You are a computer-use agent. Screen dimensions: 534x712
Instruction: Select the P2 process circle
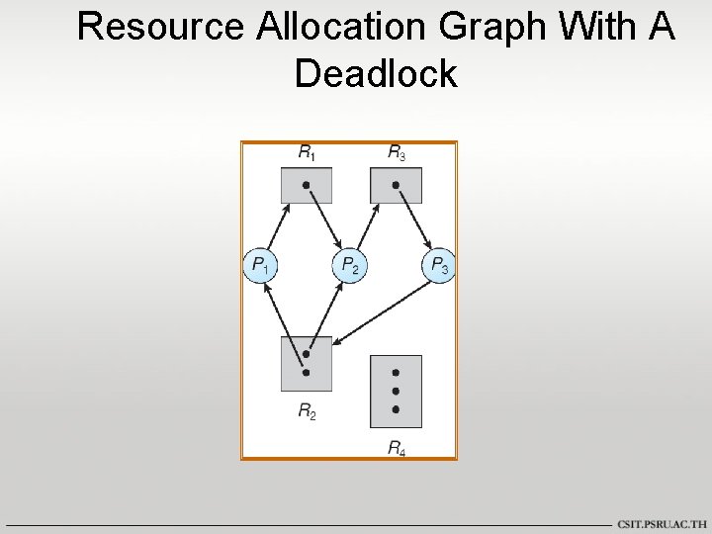point(348,265)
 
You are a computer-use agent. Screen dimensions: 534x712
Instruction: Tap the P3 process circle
point(438,265)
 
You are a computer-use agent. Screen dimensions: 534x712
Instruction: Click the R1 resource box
point(307,185)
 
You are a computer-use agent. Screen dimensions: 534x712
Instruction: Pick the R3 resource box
point(396,185)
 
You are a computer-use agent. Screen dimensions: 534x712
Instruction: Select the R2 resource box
point(307,363)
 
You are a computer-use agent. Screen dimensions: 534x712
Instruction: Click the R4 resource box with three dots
point(396,391)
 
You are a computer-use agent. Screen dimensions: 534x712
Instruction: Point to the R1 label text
point(308,153)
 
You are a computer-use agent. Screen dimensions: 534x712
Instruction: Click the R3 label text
point(396,153)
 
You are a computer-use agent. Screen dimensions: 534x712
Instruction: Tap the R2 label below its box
point(308,410)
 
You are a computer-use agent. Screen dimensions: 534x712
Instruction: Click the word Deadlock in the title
point(376,73)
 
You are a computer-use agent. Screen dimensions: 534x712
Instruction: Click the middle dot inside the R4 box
point(396,391)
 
